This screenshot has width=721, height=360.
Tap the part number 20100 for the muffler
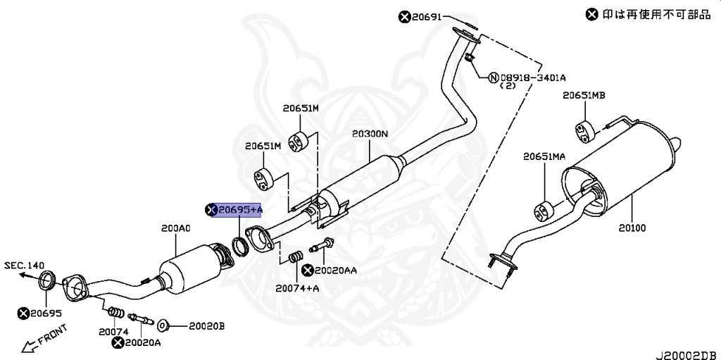coord(632,228)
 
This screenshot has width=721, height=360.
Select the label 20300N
coord(370,135)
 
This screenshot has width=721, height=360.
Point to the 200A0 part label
coord(175,228)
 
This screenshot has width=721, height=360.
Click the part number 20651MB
coord(584,95)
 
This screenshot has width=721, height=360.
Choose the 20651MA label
coord(544,157)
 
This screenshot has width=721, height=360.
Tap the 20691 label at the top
coord(426,17)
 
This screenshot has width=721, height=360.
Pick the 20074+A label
coord(298,289)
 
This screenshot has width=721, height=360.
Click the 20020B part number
coord(206,326)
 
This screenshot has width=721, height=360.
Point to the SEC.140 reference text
coord(25,265)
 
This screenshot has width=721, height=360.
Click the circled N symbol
coord(493,77)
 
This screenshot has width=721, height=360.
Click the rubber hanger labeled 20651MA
coord(543,211)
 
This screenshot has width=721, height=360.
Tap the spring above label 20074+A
coord(296,257)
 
